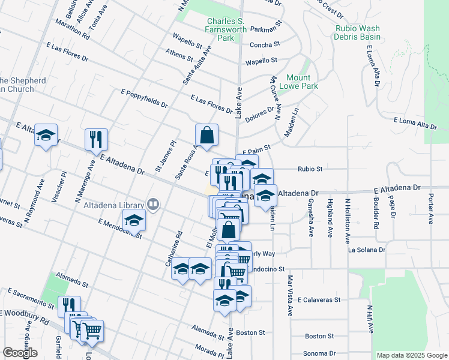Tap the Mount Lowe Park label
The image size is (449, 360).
pyautogui.click(x=298, y=82)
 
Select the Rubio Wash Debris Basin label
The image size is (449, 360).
pyautogui.click(x=357, y=32)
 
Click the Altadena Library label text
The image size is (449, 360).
pyautogui.click(x=115, y=205)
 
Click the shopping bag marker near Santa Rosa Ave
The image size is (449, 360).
pyautogui.click(x=206, y=136)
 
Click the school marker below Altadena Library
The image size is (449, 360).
pyautogui.click(x=134, y=221)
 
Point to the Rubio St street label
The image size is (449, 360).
pyautogui.click(x=310, y=169)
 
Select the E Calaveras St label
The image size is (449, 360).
pyautogui.click(x=319, y=299)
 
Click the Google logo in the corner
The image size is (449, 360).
pyautogui.click(x=20, y=353)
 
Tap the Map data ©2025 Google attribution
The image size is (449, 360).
pyautogui.click(x=411, y=355)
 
